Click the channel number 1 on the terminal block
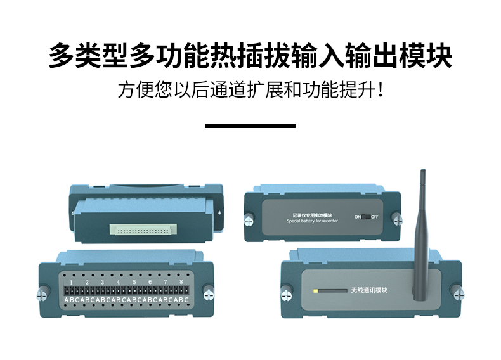tap(72, 281)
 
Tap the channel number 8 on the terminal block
tap(181, 281)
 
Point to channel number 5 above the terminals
tap(134, 281)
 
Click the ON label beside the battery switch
tap(358, 217)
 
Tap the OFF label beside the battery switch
tap(375, 217)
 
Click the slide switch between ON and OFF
tap(366, 217)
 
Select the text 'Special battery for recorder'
tap(313, 221)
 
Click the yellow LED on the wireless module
tap(317, 291)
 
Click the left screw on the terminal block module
tap(44, 292)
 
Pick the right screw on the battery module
tap(397, 219)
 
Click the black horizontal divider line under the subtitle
tap(251, 126)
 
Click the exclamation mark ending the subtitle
tap(380, 89)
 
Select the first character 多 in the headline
tap(62, 56)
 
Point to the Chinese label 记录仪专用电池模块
tap(313, 215)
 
